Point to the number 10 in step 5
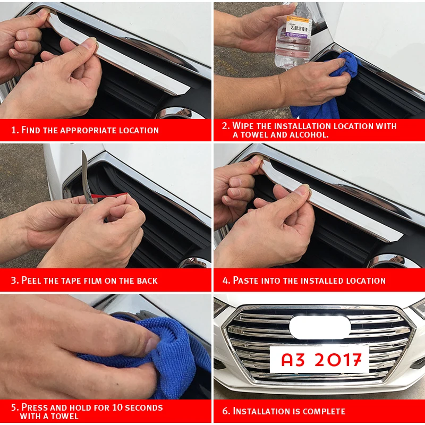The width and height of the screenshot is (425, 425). coord(117,407)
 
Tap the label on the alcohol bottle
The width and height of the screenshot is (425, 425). coord(298,27)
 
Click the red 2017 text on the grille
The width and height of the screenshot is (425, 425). coord(338,360)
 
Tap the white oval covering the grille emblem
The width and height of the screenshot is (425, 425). coord(320,327)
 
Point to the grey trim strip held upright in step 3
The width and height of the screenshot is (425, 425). coord(87,177)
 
